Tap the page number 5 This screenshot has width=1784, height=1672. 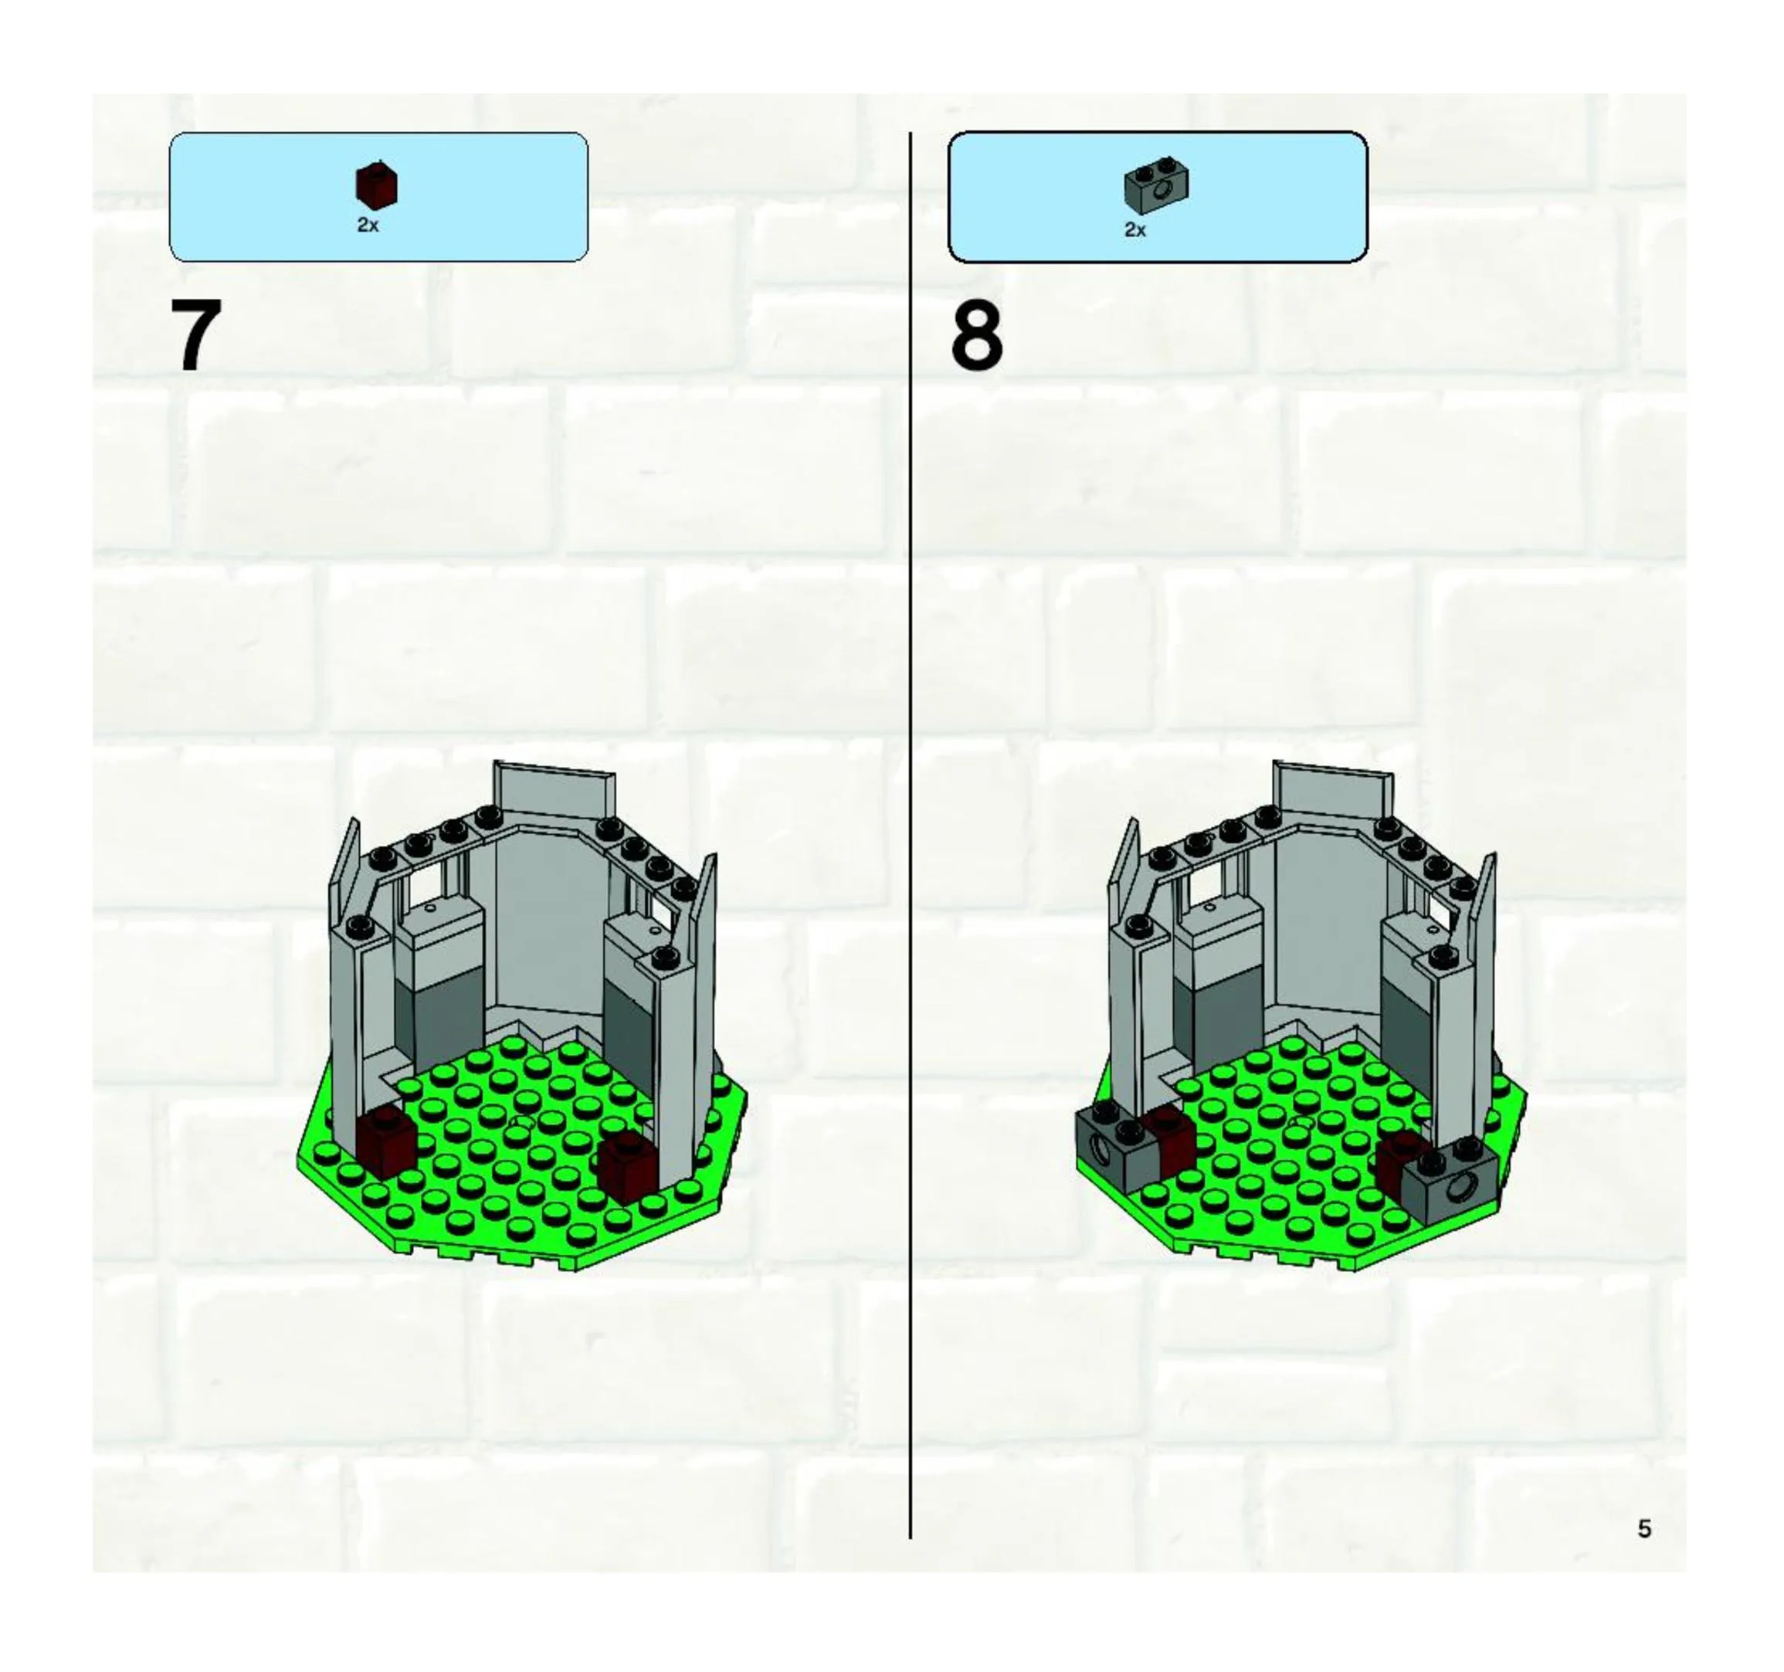coord(1644,1528)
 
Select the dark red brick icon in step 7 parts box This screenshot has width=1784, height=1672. coord(377,186)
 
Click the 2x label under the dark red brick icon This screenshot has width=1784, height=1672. coord(368,226)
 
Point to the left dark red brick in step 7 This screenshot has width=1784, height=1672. coord(387,1140)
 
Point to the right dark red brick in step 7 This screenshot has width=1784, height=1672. coord(628,1167)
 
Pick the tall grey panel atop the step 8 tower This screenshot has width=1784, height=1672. coord(1333,794)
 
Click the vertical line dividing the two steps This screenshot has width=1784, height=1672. coord(911,836)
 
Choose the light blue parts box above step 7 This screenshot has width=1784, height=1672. coord(378,198)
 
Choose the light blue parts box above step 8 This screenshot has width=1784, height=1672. coord(1158,198)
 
